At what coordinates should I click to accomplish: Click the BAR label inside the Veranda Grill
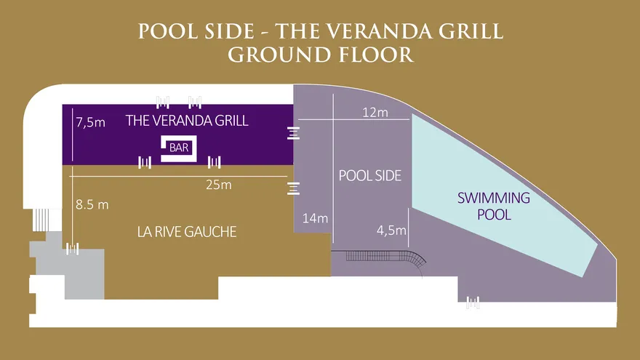(x=179, y=148)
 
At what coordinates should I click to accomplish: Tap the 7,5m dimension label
(x=91, y=122)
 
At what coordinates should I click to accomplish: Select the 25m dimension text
(x=219, y=185)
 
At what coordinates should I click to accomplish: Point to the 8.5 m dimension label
(x=92, y=204)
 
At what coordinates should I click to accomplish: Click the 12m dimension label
(x=375, y=112)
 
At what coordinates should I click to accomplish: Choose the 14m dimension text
(x=315, y=218)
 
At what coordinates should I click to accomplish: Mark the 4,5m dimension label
(x=391, y=231)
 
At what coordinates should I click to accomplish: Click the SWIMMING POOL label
(x=494, y=206)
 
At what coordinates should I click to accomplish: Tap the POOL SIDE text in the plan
(x=370, y=175)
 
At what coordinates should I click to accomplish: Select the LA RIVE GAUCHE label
(x=187, y=232)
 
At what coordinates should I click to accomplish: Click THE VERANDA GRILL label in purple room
(x=187, y=121)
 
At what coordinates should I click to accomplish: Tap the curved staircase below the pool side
(x=385, y=258)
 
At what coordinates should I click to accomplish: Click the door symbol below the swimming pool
(x=473, y=303)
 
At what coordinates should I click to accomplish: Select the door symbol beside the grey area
(x=72, y=249)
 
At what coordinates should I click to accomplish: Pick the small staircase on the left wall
(x=41, y=220)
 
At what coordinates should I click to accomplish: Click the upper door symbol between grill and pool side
(x=293, y=133)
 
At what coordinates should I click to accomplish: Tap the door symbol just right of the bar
(x=215, y=162)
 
